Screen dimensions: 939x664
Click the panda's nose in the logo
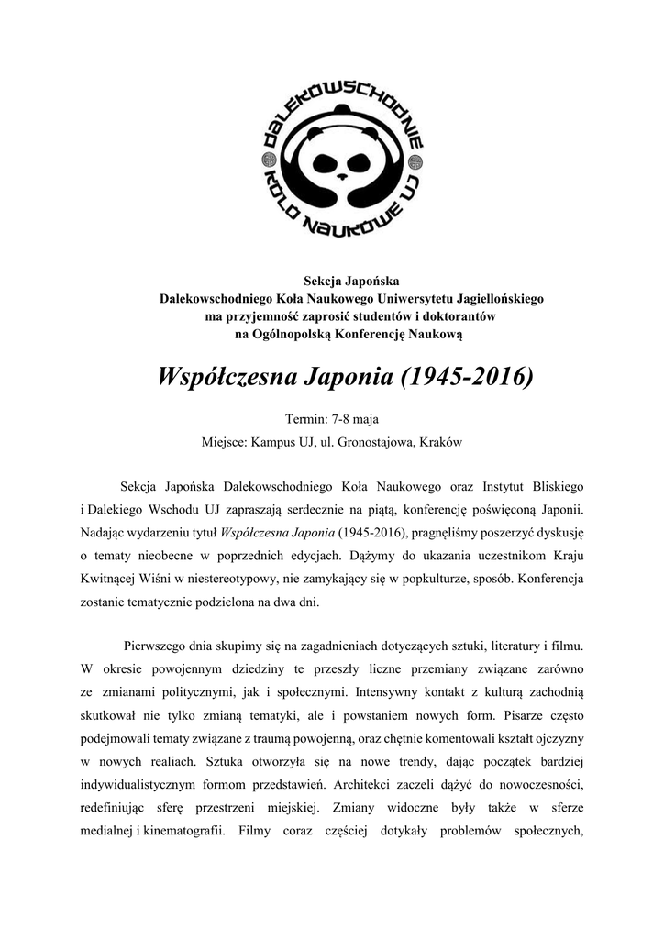coord(341,174)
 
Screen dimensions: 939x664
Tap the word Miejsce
coord(223,442)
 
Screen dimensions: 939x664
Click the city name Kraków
coord(440,442)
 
